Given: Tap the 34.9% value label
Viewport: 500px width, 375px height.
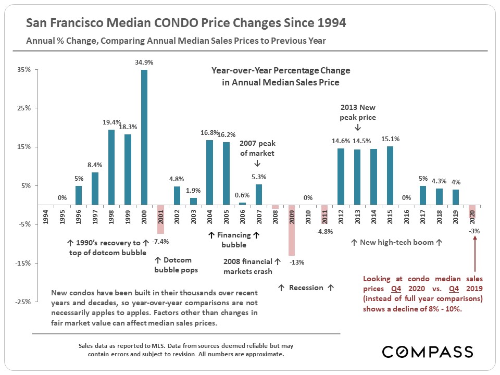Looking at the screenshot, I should [144, 62].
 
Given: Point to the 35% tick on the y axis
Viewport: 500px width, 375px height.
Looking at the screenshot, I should [25, 69].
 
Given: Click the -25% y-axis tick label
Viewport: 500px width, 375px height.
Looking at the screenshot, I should [23, 302].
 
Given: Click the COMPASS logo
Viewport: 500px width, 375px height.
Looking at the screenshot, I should [427, 352].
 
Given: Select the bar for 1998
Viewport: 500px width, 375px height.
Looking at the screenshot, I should [111, 167].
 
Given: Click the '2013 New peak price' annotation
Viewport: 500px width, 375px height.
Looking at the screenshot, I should [358, 113].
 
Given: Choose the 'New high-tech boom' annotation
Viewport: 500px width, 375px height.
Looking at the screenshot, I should [396, 242].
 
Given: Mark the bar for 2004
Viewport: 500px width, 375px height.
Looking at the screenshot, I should [209, 172].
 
